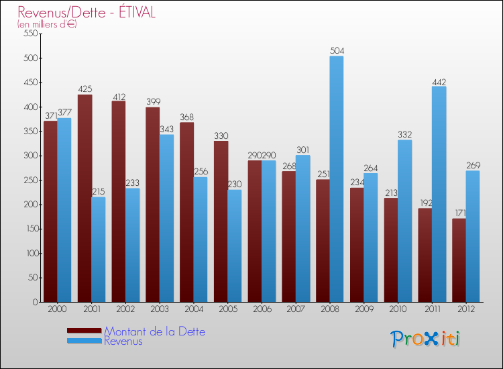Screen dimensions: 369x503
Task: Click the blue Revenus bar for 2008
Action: click(x=337, y=179)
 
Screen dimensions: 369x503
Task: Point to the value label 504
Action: click(x=337, y=50)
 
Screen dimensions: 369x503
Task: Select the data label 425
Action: click(x=85, y=89)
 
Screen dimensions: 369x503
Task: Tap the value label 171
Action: click(x=459, y=213)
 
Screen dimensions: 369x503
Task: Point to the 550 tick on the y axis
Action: click(x=30, y=34)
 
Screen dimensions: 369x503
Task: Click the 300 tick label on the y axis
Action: click(x=30, y=156)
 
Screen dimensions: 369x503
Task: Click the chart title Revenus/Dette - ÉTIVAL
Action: click(x=87, y=13)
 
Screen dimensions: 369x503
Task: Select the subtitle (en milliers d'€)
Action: click(x=47, y=25)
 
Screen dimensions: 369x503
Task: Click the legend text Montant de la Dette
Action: click(x=154, y=331)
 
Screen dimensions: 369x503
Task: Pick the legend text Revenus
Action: click(x=123, y=341)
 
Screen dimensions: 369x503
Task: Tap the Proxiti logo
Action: click(x=425, y=339)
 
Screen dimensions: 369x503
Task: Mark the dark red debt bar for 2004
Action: click(x=186, y=212)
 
